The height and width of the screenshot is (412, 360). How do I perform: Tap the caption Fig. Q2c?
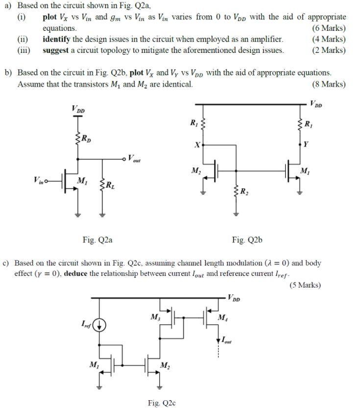point(162,403)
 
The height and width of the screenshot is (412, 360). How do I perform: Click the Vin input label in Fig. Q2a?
point(39,181)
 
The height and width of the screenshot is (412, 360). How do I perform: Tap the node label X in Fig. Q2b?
point(196,145)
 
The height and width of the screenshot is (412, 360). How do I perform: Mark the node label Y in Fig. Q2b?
point(306,145)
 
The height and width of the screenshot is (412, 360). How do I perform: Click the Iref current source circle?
point(99,324)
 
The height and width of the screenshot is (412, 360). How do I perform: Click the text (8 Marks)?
point(328,84)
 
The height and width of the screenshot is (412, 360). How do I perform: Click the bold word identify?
point(57,39)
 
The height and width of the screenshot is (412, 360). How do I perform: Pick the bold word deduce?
point(75,273)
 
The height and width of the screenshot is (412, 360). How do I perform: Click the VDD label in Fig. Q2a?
point(78,109)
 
